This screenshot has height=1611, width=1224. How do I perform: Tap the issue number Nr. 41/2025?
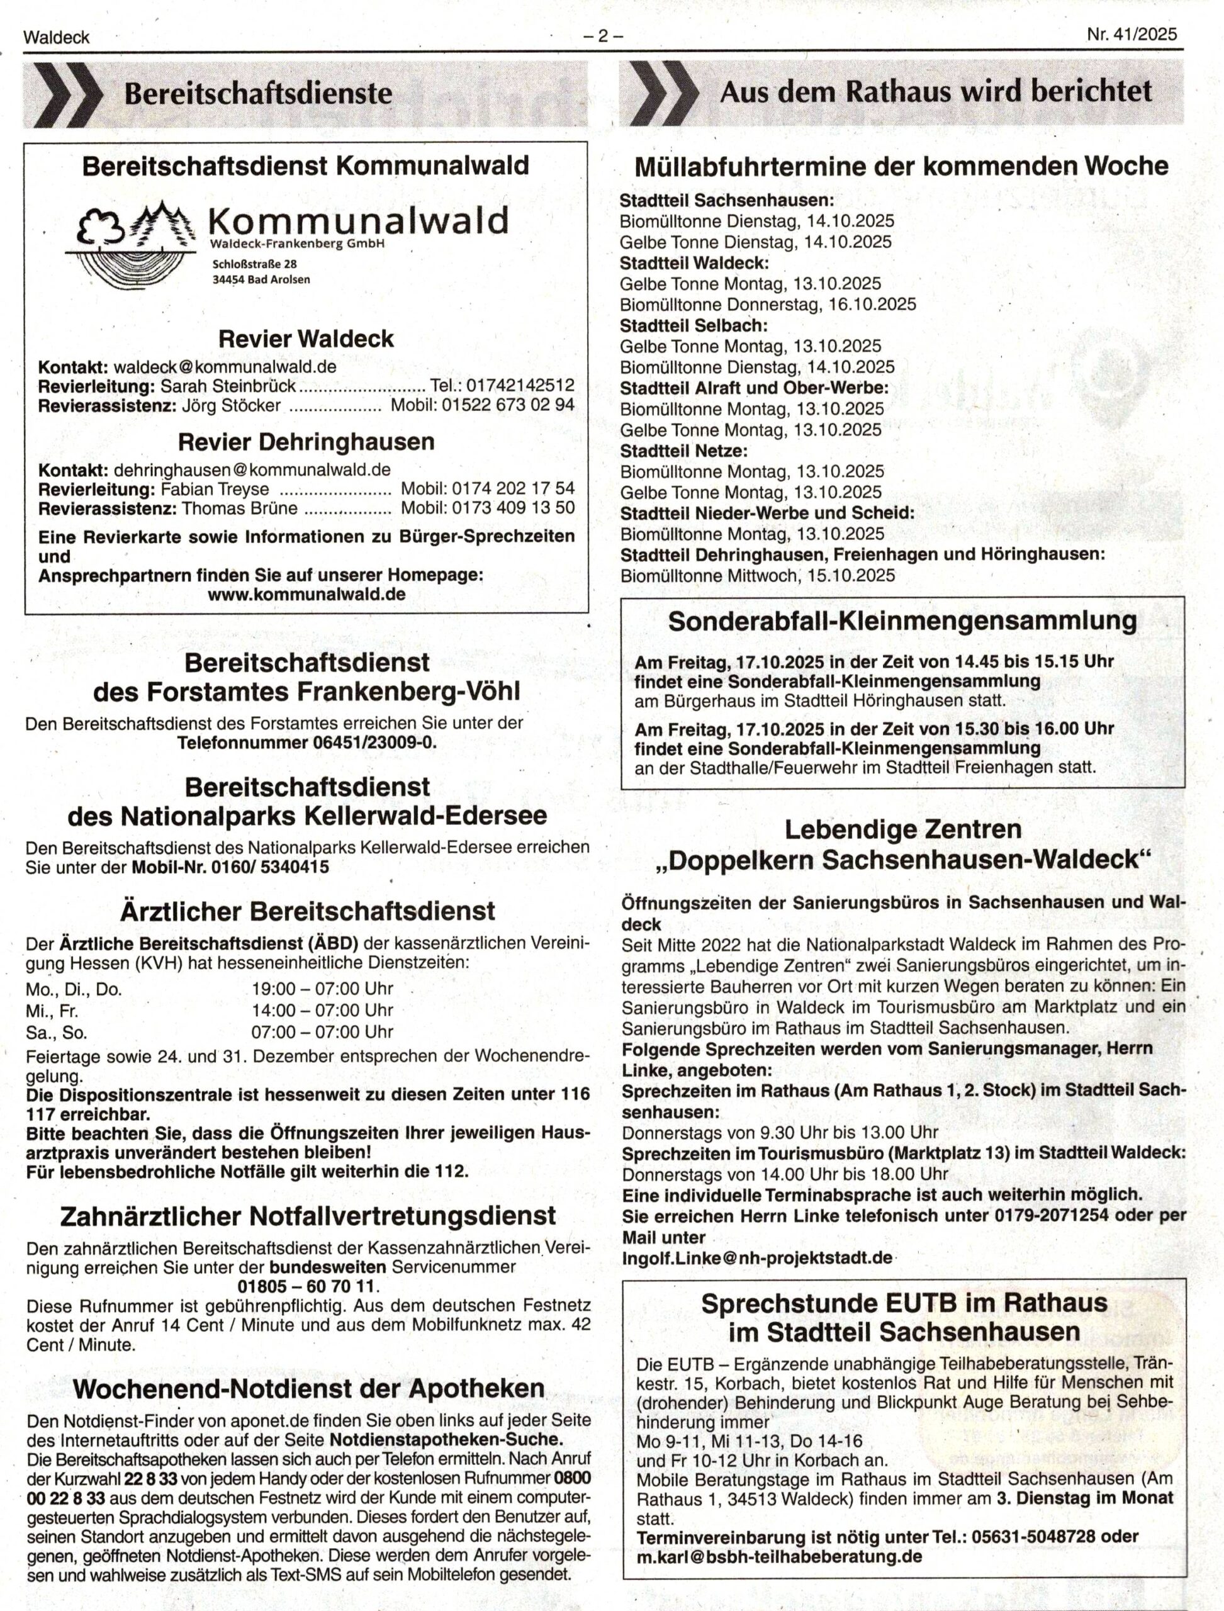click(1131, 35)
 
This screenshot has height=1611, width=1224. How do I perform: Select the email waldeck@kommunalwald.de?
click(225, 366)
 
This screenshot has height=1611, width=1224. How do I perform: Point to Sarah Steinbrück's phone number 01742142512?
click(520, 386)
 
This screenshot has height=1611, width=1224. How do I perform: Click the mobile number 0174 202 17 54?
click(513, 489)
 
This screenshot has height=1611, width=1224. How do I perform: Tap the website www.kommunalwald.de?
click(306, 594)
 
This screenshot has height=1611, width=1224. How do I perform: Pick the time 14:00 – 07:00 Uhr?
click(322, 1011)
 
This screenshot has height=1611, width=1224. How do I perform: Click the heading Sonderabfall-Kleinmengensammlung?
click(902, 622)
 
